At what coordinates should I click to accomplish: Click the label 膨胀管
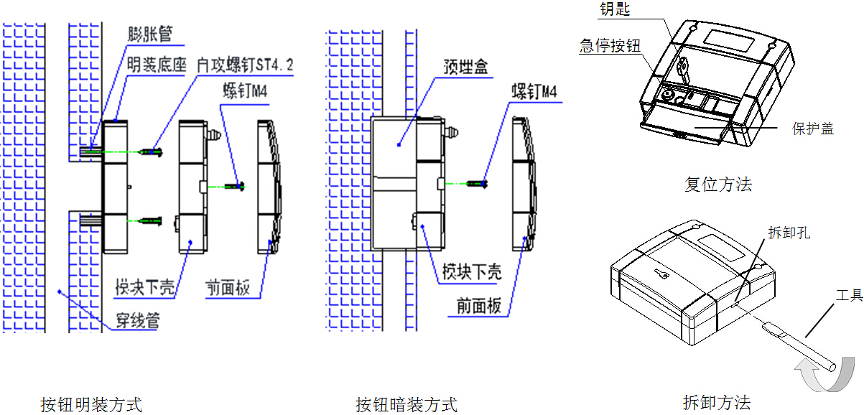150,34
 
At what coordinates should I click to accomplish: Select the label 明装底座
157,65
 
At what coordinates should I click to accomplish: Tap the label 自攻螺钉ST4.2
245,65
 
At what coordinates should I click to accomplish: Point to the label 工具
849,295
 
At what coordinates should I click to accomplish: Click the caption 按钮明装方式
91,405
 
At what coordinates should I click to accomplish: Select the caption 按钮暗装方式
407,405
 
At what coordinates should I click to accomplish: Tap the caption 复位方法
718,185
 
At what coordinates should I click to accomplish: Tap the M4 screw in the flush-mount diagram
478,185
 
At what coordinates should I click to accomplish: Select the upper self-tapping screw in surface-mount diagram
153,152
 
